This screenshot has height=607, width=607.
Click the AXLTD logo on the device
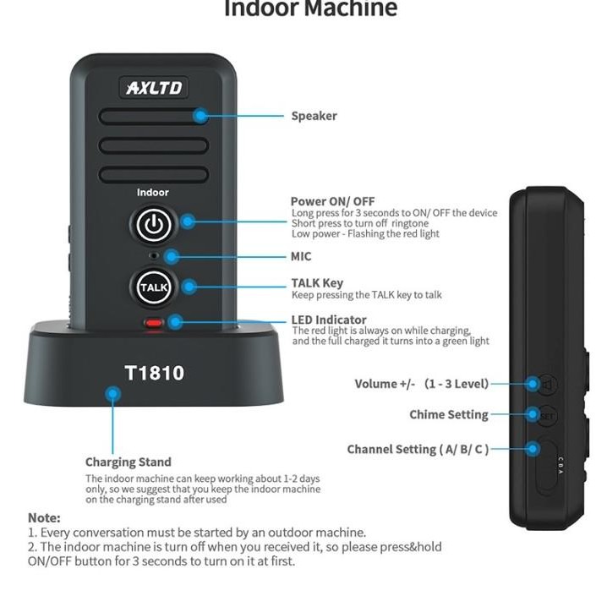pos(154,87)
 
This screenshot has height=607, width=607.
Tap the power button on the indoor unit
pos(152,225)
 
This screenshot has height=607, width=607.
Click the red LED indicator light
pos(154,323)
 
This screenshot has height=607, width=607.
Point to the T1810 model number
pos(154,373)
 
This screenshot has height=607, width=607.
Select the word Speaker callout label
pos(314,117)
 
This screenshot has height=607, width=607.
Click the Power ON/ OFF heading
pos(332,201)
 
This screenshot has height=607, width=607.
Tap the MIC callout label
pos(301,256)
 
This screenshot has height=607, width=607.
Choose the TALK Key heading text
pos(317,283)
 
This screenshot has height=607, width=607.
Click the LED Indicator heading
pos(329,320)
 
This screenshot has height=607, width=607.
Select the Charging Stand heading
pos(128,462)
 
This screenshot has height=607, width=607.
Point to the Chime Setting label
pos(448,415)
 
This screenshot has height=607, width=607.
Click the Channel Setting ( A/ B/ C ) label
pos(418,450)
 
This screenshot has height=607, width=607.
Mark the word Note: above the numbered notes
pos(44,517)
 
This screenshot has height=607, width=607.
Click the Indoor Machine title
pos(310,10)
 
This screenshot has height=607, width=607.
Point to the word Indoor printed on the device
pos(153,193)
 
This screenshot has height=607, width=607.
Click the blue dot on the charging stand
pos(112,393)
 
